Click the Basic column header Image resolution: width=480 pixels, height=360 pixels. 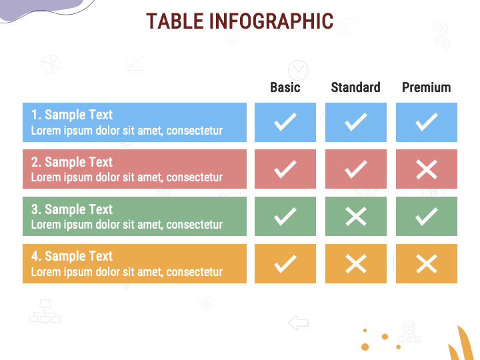285,87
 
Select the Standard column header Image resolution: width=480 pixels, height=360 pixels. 355,87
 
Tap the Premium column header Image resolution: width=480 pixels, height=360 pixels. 426,87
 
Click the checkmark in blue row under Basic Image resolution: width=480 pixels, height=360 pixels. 285,122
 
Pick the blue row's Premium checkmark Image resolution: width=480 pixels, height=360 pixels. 427,122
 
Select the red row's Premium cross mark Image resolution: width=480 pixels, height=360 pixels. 427,169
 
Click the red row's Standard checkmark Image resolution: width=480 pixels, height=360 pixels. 356,169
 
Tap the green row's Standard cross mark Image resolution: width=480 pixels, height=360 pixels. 356,216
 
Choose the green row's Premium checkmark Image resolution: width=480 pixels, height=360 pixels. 427,216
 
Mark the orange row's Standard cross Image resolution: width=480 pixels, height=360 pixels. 356,264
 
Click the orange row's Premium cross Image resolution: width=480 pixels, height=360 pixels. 427,264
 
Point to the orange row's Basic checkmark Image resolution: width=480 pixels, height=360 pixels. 285,264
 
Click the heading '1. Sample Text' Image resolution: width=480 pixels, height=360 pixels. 72,115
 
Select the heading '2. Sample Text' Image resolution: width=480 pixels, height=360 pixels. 72,162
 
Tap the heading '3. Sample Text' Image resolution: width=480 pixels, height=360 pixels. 72,209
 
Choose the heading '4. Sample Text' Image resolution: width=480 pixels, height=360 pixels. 72,256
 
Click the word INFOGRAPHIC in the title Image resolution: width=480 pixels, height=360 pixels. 271,21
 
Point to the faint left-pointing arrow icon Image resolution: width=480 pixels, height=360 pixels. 298,323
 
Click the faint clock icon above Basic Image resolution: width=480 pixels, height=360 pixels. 298,69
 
